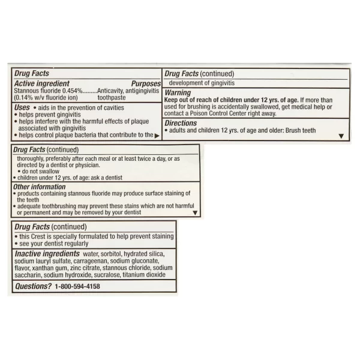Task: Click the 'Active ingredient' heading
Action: tap(41, 83)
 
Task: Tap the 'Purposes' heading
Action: tap(146, 83)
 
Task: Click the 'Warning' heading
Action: tap(178, 93)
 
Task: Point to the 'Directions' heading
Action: tap(181, 123)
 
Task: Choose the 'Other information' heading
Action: tap(40, 187)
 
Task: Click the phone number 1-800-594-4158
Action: tap(77, 287)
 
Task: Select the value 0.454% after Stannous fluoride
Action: tap(71, 91)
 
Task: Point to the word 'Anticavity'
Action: tap(111, 91)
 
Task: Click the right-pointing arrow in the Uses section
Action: tap(157, 136)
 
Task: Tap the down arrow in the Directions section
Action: tap(341, 136)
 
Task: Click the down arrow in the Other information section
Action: tap(194, 212)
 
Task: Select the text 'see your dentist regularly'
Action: tap(54, 244)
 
